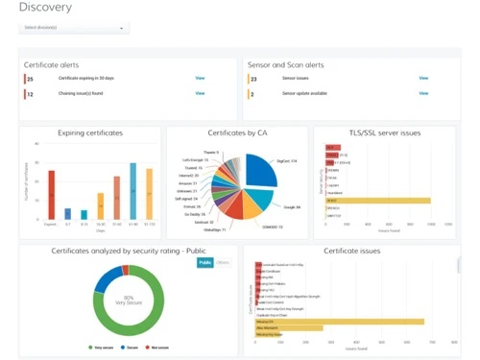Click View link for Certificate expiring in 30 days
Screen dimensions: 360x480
tap(200, 79)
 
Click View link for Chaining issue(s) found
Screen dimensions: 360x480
tap(200, 93)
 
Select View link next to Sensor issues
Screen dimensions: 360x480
tap(423, 79)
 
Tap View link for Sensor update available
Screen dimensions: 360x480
tap(423, 93)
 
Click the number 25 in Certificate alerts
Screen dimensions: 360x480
tap(31, 79)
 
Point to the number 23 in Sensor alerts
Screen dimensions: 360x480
tap(253, 79)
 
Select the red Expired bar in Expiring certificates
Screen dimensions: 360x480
tap(52, 195)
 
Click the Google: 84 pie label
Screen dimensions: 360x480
tap(291, 206)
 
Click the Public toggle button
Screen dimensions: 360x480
tap(204, 261)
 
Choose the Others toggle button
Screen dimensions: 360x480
tap(222, 261)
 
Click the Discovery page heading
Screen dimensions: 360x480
tap(44, 8)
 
